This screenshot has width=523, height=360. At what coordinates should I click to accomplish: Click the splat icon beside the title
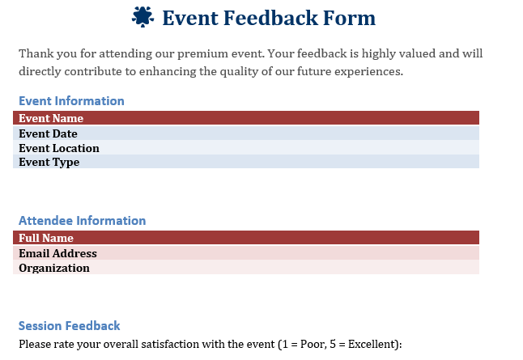click(x=142, y=17)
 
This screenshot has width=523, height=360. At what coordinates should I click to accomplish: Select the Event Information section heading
click(x=71, y=101)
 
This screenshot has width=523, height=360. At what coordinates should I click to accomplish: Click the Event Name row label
click(x=51, y=118)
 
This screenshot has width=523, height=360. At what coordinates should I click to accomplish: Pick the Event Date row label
click(x=49, y=133)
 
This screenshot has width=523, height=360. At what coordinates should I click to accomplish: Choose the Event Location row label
click(x=59, y=148)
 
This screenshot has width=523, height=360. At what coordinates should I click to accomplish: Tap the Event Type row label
click(x=49, y=162)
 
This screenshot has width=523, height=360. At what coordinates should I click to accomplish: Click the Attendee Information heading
click(x=82, y=221)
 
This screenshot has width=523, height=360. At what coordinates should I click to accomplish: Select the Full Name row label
click(x=46, y=238)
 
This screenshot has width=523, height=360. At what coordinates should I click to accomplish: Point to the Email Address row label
click(x=57, y=253)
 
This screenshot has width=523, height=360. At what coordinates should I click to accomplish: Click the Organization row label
click(x=54, y=268)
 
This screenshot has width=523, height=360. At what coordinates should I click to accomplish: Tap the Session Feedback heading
click(x=69, y=326)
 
